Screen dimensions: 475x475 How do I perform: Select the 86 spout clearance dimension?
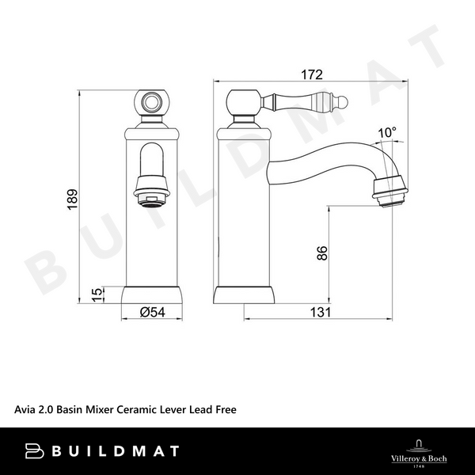tap(321, 254)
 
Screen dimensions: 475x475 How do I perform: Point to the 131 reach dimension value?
tap(319, 312)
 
